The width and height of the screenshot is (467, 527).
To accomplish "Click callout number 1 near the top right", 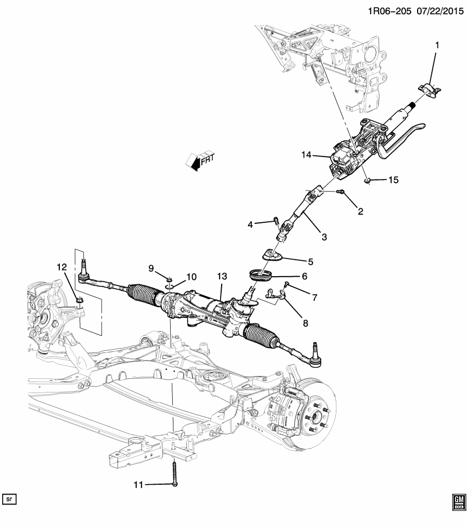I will [437, 46].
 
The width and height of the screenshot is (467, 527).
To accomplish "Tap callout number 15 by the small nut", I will [393, 180].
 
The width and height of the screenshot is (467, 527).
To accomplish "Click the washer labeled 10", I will [170, 285].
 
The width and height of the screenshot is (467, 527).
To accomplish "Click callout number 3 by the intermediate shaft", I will [324, 237].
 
